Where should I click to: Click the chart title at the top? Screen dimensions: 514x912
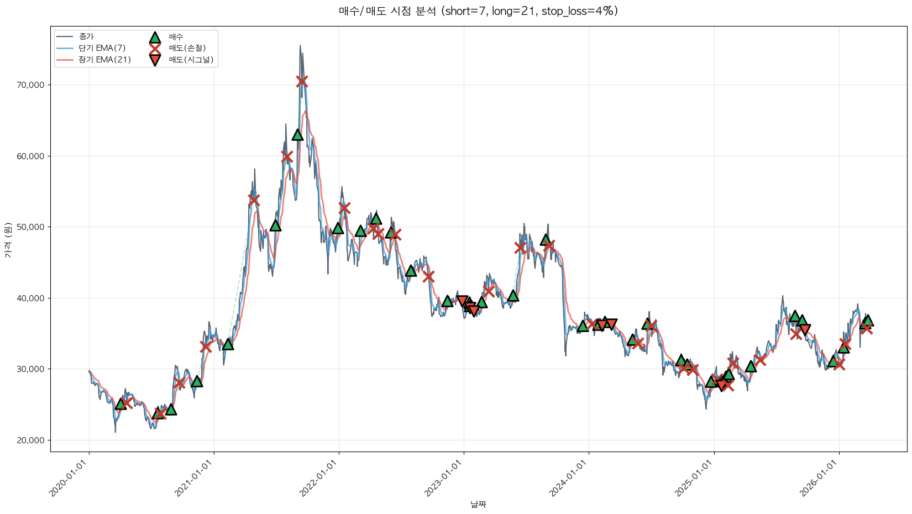pyautogui.click(x=478, y=11)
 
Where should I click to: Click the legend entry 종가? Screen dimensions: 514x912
pyautogui.click(x=86, y=36)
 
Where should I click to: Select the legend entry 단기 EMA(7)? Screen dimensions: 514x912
pyautogui.click(x=102, y=48)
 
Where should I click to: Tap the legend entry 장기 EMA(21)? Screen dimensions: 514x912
pyautogui.click(x=104, y=60)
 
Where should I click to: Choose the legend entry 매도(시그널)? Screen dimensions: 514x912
pyautogui.click(x=191, y=60)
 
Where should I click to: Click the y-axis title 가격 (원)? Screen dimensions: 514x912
pyautogui.click(x=8, y=240)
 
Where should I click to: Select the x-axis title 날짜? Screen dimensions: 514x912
pyautogui.click(x=478, y=504)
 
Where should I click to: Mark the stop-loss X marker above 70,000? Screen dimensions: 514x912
pyautogui.click(x=301, y=81)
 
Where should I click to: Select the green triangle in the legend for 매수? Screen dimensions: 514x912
pyautogui.click(x=155, y=37)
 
